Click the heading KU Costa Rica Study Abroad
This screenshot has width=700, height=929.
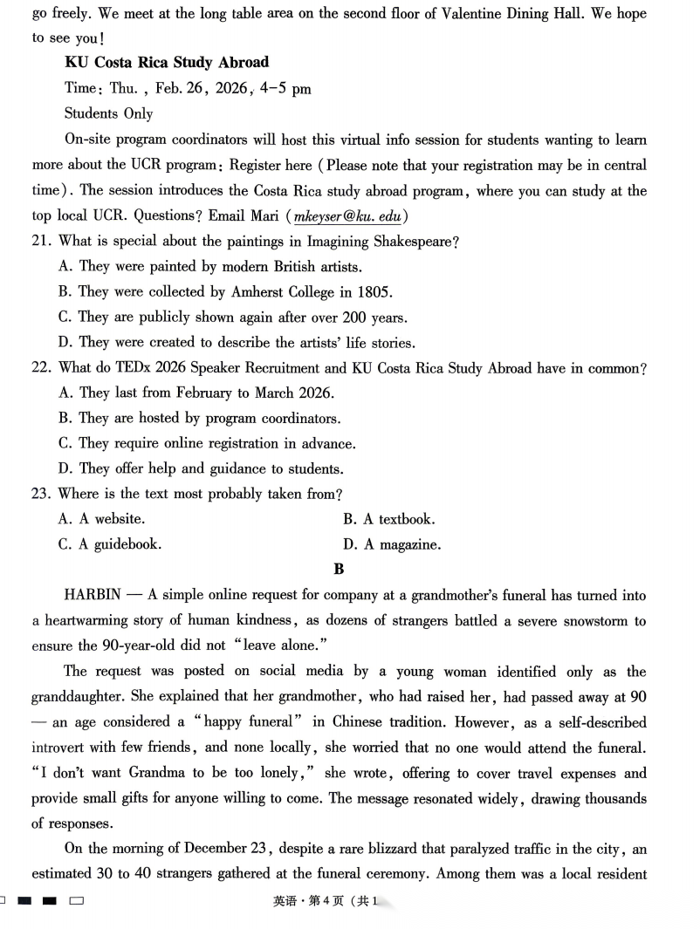pos(167,63)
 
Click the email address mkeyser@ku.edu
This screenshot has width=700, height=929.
pos(346,216)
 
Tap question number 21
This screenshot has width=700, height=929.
pos(42,242)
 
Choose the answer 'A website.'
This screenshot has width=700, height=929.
pos(102,519)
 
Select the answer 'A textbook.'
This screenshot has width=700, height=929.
pos(389,519)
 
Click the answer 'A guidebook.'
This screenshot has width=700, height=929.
pos(110,545)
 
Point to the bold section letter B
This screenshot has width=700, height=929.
pos(339,570)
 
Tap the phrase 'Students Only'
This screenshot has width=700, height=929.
pos(108,113)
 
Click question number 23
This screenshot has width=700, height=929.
pos(42,494)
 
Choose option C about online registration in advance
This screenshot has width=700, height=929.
pos(207,443)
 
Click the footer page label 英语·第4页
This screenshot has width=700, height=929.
pos(309,902)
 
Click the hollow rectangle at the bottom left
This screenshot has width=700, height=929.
pos(77,901)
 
